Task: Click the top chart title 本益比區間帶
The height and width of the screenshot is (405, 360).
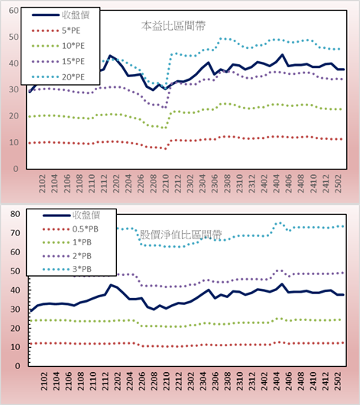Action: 174,26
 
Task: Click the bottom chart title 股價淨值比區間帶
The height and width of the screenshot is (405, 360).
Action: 180,235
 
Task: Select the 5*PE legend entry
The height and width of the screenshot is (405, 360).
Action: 56,31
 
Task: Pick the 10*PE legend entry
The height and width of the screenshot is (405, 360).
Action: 58,46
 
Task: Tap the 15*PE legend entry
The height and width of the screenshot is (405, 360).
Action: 58,61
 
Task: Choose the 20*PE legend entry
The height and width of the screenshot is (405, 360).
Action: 58,77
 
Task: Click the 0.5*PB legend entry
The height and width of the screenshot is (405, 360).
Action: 70,229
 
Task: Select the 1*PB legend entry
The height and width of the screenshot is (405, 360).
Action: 67,242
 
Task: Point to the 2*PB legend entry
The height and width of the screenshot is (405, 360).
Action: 67,256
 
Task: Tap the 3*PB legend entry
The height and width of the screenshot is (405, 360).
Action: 67,269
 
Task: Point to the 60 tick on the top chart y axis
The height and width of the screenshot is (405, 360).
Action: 14,11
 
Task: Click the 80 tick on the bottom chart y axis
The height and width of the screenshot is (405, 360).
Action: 15,214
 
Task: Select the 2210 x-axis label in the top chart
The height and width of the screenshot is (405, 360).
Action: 165,183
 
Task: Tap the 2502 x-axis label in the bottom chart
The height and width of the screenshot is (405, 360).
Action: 338,381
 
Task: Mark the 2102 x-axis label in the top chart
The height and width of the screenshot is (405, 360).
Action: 42,183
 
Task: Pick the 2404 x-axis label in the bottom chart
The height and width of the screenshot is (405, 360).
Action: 276,381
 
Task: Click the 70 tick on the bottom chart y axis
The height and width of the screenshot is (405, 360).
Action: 15,233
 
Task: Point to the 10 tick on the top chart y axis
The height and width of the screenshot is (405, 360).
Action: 14,142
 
